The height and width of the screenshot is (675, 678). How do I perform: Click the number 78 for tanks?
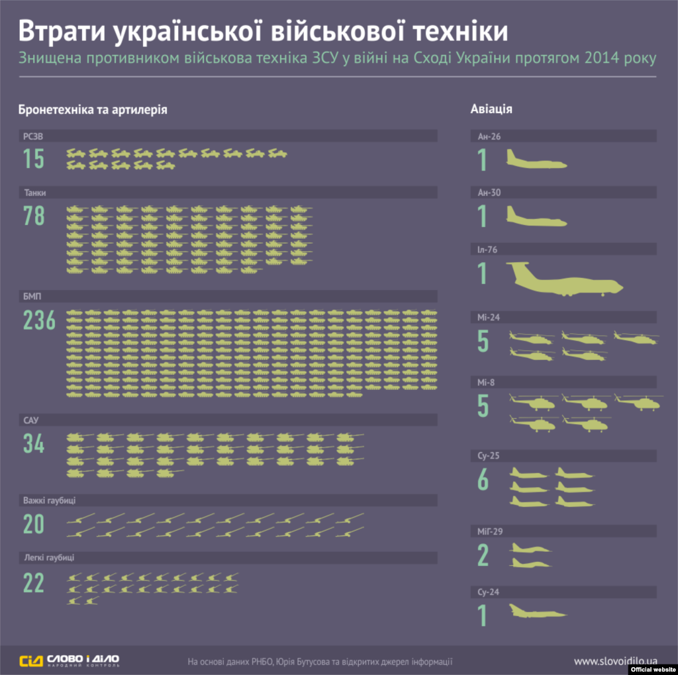34,216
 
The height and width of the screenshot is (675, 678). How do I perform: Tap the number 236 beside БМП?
40,320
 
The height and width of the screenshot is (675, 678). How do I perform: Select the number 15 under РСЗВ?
34,159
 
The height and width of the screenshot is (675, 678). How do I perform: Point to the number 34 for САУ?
34,444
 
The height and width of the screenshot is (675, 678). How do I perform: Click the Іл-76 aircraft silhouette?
567,279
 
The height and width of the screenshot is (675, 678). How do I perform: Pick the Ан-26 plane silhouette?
536,159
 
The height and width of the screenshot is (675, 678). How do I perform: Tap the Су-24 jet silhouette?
538,612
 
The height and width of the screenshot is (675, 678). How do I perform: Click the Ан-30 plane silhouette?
536,216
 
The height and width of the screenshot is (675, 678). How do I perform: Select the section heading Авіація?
491,109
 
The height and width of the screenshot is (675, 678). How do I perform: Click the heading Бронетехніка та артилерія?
93,109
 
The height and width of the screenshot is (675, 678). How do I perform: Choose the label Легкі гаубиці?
50,557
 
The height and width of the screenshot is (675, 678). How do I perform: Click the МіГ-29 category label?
494,531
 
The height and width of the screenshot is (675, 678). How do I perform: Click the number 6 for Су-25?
483,481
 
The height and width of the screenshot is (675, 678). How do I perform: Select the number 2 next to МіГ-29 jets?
483,556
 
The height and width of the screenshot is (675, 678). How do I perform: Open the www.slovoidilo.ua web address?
616,660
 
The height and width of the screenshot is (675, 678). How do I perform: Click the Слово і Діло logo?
70,660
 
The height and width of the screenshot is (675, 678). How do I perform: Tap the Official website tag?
652,669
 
